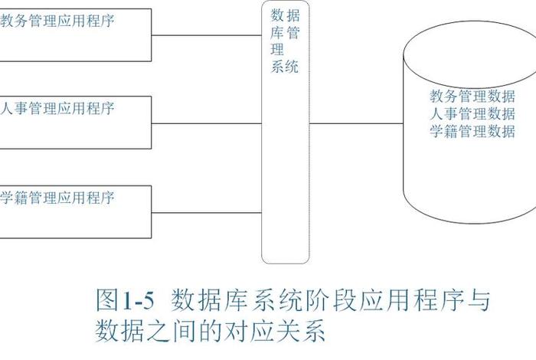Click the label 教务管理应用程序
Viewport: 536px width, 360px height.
coord(57,21)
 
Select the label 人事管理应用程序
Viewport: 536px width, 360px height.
coord(57,109)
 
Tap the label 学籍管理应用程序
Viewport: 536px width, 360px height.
coord(57,198)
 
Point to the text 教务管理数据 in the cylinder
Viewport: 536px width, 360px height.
coord(472,97)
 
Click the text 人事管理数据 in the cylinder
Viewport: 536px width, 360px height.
coord(472,114)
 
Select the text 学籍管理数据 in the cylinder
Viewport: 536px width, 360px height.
coord(472,131)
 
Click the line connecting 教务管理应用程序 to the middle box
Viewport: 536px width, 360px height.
coord(207,34)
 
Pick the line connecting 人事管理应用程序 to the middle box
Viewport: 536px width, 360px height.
coord(207,123)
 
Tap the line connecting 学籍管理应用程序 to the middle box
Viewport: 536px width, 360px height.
coord(207,211)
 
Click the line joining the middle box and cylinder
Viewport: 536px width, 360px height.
coord(356,123)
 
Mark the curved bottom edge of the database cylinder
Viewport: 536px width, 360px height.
coord(469,218)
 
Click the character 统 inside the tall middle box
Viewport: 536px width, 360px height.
coord(291,67)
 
